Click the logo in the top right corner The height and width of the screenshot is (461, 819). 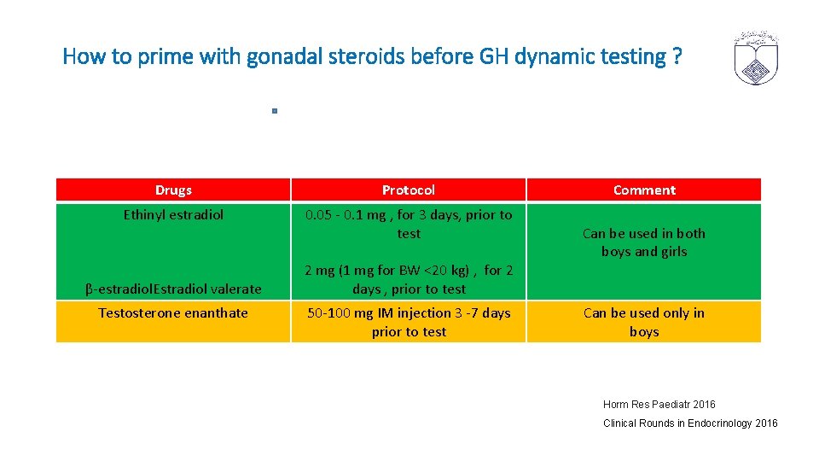tap(756, 58)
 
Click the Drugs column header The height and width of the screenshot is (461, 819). tap(173, 190)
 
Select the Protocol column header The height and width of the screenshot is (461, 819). tap(409, 190)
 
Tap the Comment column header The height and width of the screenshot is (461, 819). tap(644, 190)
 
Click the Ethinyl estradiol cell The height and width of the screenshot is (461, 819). tap(173, 215)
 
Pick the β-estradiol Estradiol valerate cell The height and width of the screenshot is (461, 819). tap(173, 289)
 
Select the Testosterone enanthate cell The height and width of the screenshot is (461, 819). tap(173, 313)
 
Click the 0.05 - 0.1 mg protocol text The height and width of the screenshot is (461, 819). tap(409, 224)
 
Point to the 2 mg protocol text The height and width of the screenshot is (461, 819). tap(409, 280)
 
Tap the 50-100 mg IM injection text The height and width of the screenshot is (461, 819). tap(409, 322)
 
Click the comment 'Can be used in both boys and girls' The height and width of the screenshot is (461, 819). tap(644, 242)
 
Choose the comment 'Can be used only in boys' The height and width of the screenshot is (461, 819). tap(644, 322)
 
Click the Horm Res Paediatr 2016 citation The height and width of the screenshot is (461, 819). tap(659, 405)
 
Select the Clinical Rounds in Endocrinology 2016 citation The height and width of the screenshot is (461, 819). tap(690, 423)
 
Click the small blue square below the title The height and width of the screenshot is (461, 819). tap(274, 111)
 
